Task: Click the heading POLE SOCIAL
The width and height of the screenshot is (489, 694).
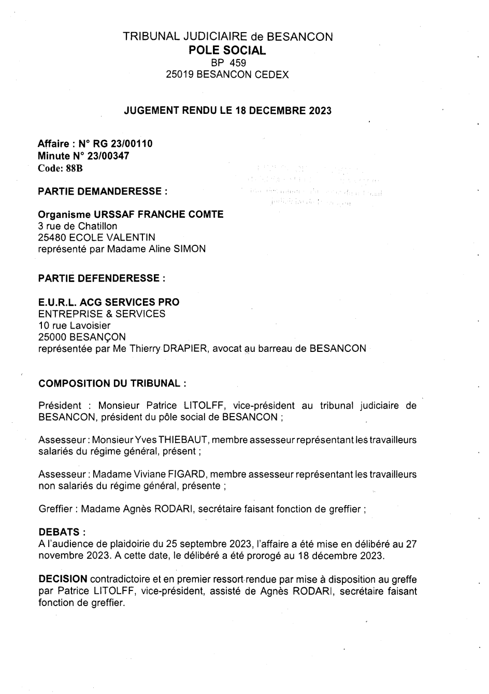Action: point(227,50)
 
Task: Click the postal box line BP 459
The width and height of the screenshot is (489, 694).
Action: point(227,63)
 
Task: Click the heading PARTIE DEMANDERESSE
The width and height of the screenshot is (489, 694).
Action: point(103,191)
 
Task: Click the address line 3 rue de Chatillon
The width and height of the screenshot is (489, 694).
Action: point(78,226)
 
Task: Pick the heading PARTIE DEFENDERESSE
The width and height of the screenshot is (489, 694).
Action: point(102,278)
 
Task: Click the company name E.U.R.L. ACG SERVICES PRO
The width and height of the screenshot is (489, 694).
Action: point(109,302)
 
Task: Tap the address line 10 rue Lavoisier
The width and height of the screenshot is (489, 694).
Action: point(75,326)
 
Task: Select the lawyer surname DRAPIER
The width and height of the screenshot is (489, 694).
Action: point(194,349)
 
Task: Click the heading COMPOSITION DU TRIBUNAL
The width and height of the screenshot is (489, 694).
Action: point(112,384)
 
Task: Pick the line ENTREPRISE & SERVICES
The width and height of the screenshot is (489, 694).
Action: point(102,314)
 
